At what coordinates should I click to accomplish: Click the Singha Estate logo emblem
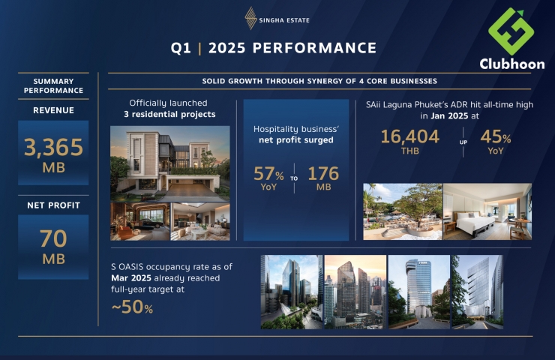click(250, 18)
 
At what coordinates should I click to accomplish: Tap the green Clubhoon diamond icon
click(511, 31)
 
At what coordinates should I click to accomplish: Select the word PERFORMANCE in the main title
click(315, 48)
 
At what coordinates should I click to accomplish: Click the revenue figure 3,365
click(53, 147)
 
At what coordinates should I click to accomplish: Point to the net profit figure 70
click(53, 239)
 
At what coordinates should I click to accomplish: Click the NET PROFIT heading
click(53, 205)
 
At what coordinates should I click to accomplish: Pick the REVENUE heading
click(53, 110)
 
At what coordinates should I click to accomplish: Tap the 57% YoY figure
click(268, 178)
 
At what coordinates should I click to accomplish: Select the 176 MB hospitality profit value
click(323, 178)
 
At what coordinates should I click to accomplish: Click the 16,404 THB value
click(410, 142)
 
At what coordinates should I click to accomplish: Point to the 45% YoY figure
click(496, 142)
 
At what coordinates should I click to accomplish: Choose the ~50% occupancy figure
click(132, 307)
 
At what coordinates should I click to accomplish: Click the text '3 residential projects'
click(169, 114)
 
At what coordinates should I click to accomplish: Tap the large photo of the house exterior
click(170, 163)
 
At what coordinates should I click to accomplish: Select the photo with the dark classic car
click(140, 221)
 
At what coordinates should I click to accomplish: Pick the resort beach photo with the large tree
click(403, 211)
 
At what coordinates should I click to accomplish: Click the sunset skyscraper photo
click(355, 292)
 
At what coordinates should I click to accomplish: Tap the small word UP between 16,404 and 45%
click(463, 142)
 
